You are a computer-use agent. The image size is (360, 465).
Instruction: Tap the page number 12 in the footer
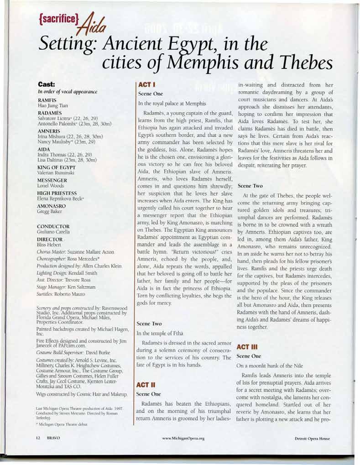tap(39, 438)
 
